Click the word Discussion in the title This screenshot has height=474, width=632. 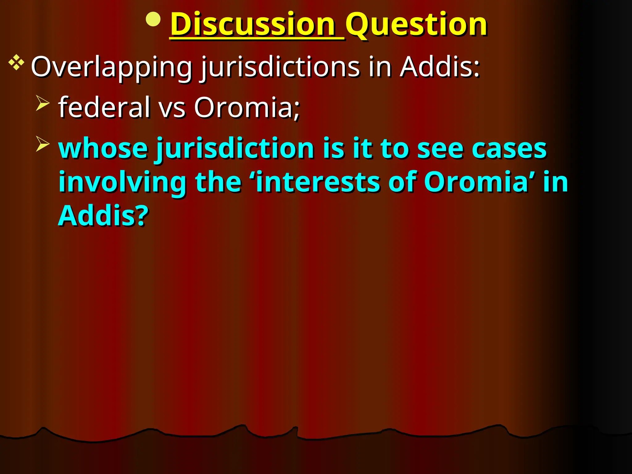253,25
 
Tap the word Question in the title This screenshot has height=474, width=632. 417,25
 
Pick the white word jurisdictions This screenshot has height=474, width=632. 280,67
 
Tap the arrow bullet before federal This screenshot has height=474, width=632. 43,103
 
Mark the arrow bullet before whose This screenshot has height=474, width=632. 43,144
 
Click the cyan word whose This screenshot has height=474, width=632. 103,148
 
